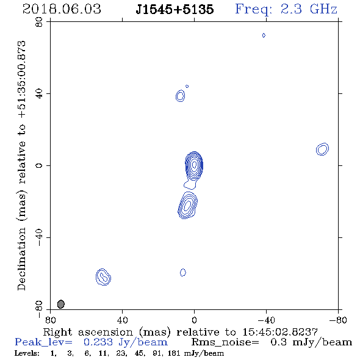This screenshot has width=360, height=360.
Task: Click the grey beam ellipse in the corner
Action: [61, 304]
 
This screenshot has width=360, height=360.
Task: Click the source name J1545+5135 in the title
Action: [175, 9]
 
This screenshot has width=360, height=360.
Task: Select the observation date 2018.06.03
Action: [62, 9]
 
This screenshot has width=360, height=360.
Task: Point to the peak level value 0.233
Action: [98, 342]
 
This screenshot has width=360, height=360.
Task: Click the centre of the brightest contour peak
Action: [195, 164]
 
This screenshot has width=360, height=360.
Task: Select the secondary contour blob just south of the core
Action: [188, 205]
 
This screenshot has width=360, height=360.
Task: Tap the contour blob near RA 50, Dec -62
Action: [103, 277]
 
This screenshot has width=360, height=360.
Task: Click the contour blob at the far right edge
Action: [322, 149]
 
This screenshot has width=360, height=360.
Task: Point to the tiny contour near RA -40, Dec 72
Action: [264, 35]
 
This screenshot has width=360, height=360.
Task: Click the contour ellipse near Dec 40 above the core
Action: [180, 96]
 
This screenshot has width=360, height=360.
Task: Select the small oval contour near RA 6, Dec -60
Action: [183, 272]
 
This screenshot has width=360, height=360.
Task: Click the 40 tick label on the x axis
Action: [122, 320]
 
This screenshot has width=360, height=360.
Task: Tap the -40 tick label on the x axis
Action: [266, 320]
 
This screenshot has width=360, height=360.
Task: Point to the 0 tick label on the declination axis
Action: [39, 165]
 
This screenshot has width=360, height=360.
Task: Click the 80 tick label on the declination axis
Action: [39, 22]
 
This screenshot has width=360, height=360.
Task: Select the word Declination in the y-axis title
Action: [21, 259]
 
